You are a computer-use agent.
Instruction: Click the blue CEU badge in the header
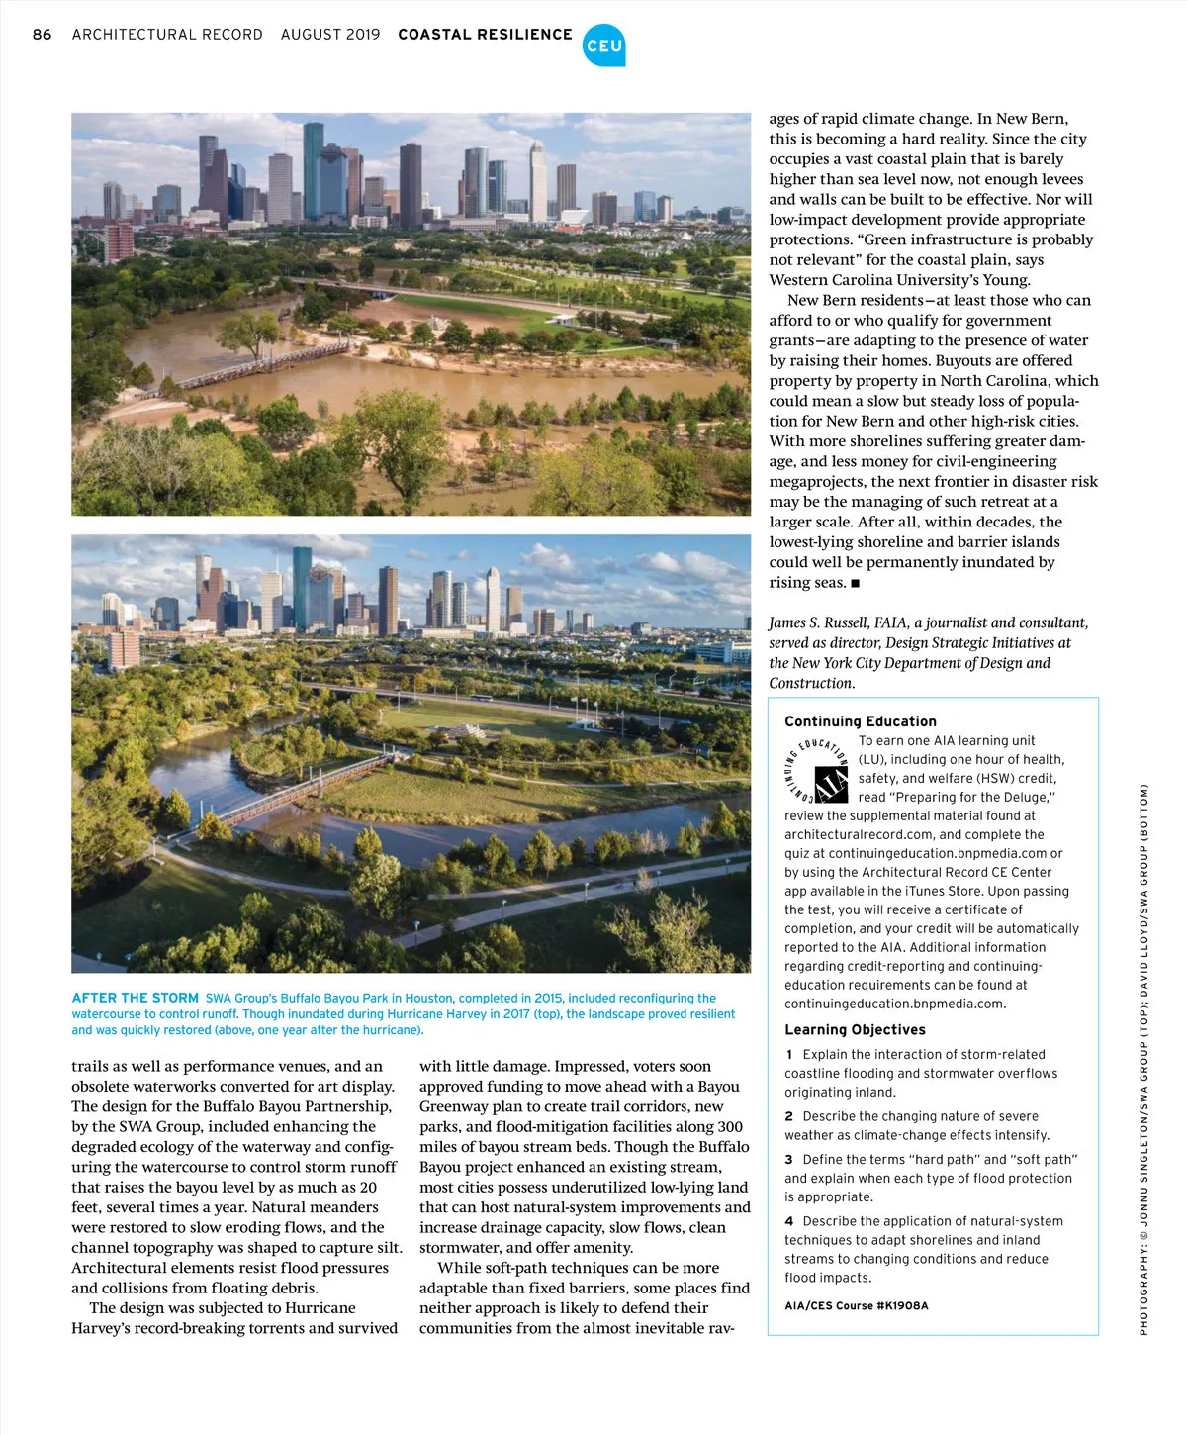click(x=603, y=46)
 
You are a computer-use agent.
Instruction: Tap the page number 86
click(x=42, y=35)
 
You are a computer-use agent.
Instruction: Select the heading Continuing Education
click(x=860, y=721)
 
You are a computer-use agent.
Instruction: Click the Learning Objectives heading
click(x=855, y=1029)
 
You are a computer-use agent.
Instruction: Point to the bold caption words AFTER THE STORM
click(x=136, y=998)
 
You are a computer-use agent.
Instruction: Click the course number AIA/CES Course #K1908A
click(x=856, y=1305)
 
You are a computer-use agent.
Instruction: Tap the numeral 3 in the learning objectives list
click(x=789, y=1159)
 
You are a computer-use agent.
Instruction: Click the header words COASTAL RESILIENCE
click(x=485, y=35)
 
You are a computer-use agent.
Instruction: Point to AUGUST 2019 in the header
click(x=330, y=35)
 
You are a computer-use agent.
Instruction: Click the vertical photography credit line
click(x=1143, y=1059)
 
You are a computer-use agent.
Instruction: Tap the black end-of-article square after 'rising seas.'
click(x=855, y=583)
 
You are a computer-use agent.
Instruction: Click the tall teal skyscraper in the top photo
click(x=314, y=168)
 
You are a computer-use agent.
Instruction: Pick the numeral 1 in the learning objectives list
click(x=789, y=1054)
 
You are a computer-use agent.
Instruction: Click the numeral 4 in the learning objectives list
click(x=789, y=1221)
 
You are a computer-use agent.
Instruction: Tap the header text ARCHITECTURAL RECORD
click(x=167, y=35)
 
